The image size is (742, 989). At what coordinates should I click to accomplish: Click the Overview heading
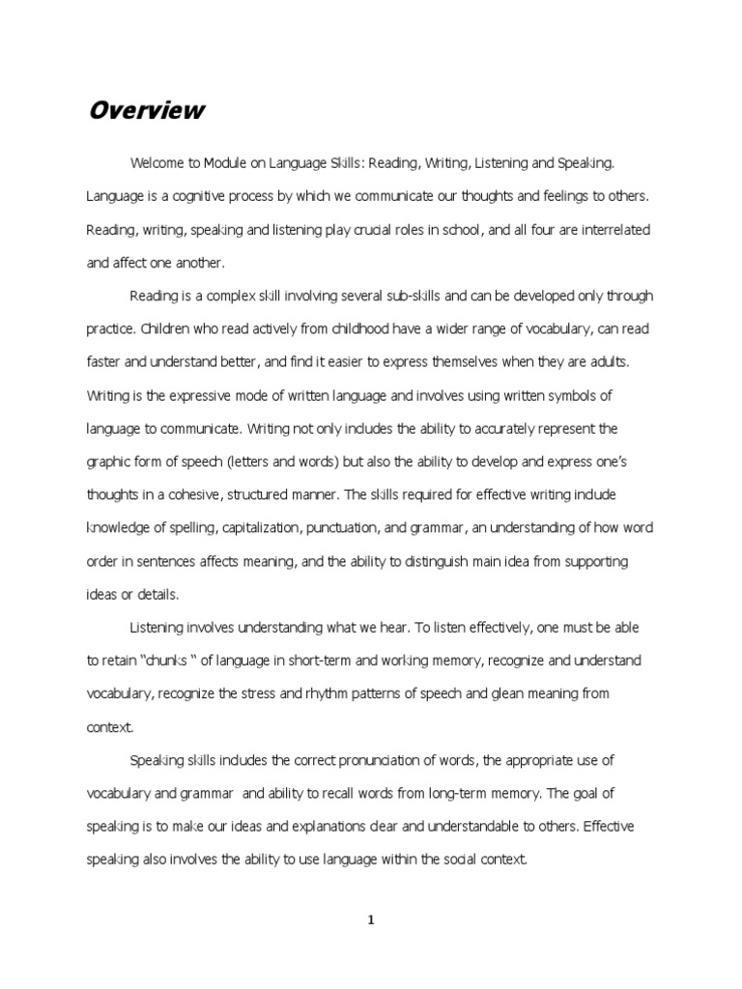click(146, 110)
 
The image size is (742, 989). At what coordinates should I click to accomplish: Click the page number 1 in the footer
click(371, 920)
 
